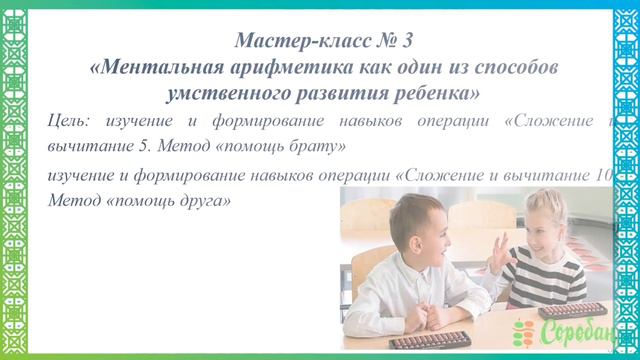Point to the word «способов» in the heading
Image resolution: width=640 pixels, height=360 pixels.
509,68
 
